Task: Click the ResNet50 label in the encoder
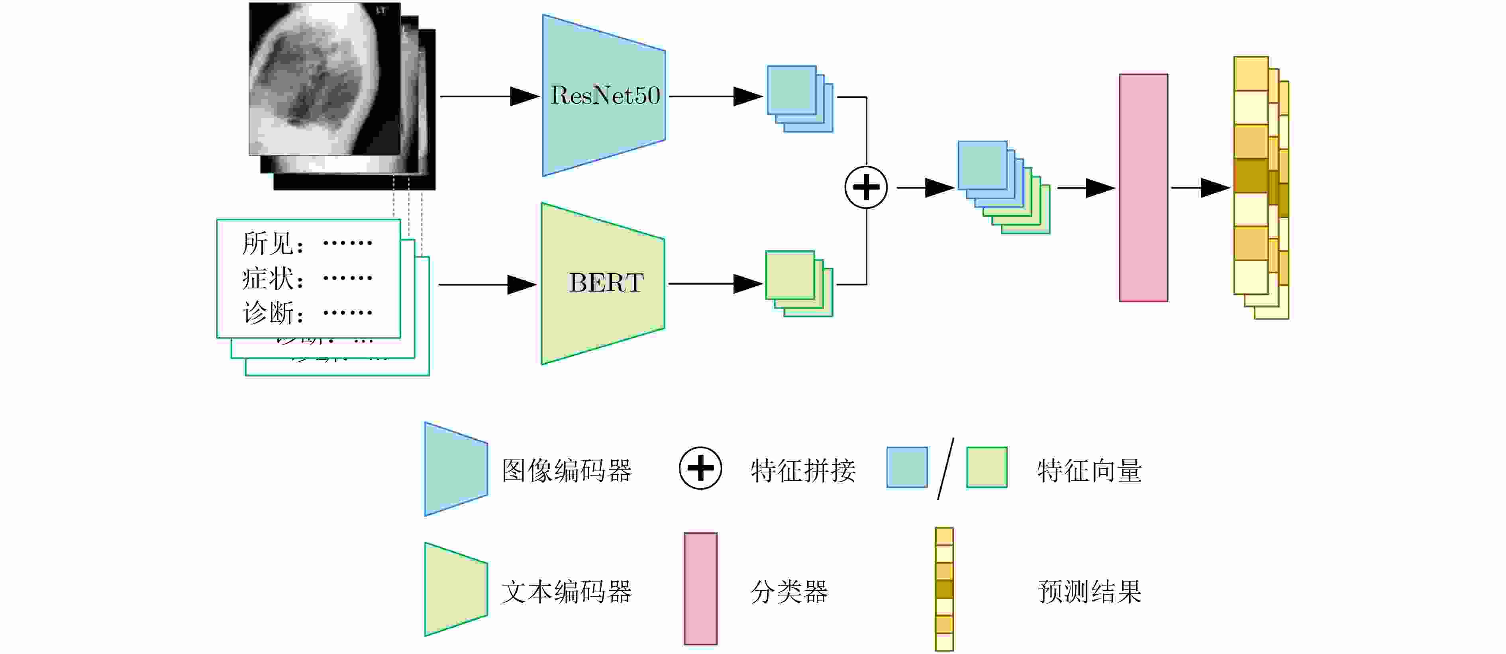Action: pyautogui.click(x=605, y=95)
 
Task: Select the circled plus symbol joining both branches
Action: pyautogui.click(x=866, y=188)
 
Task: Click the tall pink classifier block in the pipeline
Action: pyautogui.click(x=1143, y=188)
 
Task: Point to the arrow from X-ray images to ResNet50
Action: pyautogui.click(x=489, y=96)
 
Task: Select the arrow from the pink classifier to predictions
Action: pyautogui.click(x=1200, y=188)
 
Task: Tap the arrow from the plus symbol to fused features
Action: pyautogui.click(x=925, y=188)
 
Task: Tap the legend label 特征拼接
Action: pyautogui.click(x=803, y=470)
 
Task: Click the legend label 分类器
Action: pyautogui.click(x=789, y=591)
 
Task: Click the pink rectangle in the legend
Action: pyautogui.click(x=700, y=588)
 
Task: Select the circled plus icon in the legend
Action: pyautogui.click(x=700, y=468)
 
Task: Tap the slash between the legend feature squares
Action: pyautogui.click(x=945, y=469)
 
